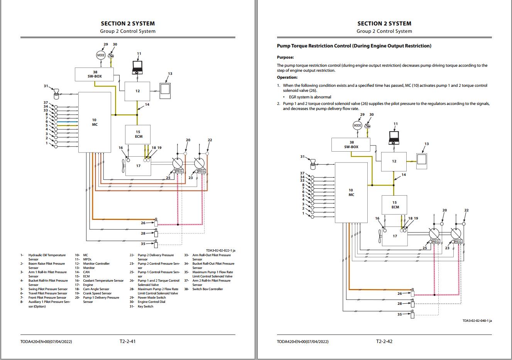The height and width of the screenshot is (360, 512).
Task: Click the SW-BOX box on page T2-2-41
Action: [95, 74]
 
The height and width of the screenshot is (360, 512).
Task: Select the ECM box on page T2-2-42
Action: [394, 205]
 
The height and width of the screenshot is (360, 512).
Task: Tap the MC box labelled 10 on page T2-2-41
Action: [95, 122]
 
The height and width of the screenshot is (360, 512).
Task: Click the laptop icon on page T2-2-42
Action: [394, 137]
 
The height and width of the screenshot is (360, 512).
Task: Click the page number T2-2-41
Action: [127, 341]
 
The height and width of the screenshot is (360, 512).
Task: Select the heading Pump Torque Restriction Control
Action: [354, 46]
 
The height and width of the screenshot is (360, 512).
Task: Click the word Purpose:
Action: [285, 57]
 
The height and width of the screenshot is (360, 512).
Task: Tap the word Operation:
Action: [287, 78]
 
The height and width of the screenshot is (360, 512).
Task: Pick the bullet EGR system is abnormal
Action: [310, 97]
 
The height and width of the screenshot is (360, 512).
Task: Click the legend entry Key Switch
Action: [145, 306]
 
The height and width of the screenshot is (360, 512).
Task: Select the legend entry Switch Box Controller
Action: [208, 289]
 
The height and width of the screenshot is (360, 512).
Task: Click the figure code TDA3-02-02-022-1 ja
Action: [220, 250]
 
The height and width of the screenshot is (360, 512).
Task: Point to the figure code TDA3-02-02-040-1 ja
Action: [477, 321]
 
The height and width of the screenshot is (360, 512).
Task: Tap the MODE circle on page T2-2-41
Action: [101, 55]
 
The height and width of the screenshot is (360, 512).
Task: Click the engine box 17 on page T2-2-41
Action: [139, 166]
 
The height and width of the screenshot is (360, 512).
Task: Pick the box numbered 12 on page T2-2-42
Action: [394, 161]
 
